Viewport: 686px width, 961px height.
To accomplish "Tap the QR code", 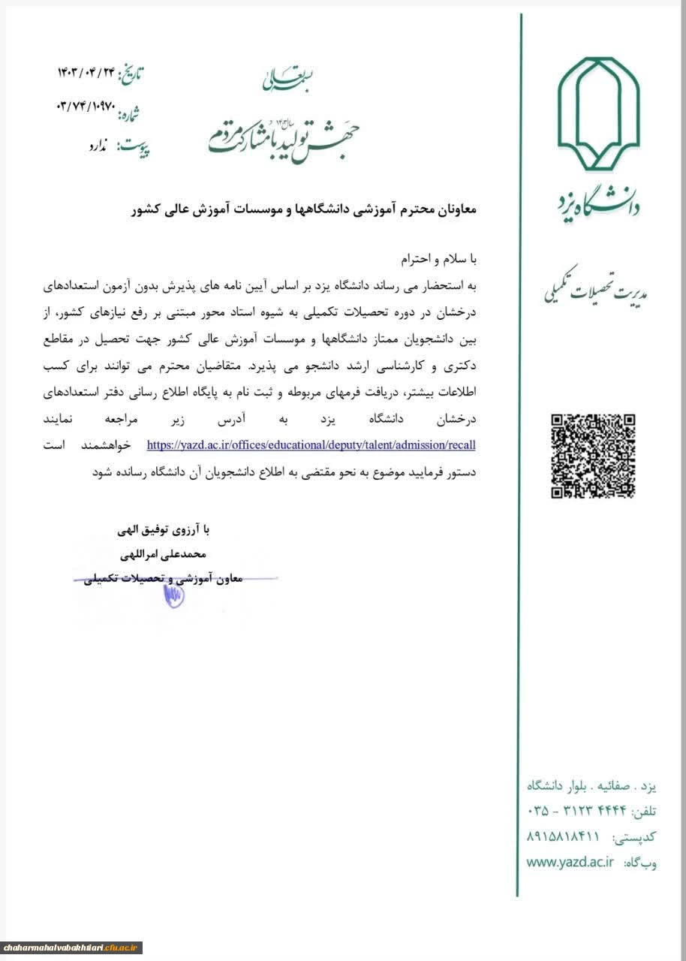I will click(x=594, y=456).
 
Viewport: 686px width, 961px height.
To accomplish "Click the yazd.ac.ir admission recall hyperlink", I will click(x=311, y=445).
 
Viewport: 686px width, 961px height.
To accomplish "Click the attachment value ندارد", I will click(x=98, y=146).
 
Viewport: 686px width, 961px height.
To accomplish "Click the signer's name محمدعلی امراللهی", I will click(x=167, y=555).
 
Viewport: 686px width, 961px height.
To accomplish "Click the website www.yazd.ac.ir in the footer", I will click(x=571, y=863).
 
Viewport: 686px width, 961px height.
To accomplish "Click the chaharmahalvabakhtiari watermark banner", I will click(x=71, y=947).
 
